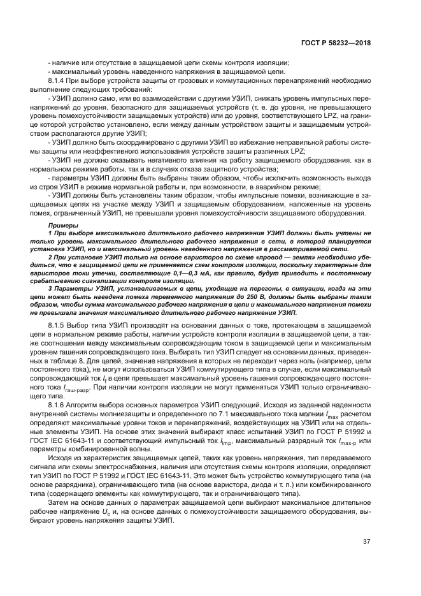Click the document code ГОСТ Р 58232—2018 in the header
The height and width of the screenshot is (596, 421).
pos(335,43)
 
